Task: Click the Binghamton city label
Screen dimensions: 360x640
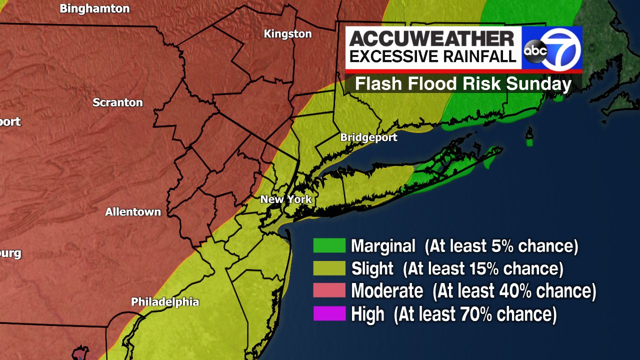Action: point(94,8)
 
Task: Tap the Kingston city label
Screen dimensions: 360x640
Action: point(287,34)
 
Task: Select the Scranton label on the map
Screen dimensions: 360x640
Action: point(117,102)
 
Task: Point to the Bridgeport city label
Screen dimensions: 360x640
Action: point(368,137)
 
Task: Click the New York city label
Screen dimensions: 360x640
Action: point(286,199)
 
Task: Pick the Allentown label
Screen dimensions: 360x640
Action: point(133,212)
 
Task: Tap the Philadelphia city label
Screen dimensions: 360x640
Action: point(165,302)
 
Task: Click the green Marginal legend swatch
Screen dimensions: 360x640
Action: point(329,245)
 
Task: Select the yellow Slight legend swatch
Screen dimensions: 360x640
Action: point(329,268)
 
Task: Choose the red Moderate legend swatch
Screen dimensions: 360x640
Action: point(329,290)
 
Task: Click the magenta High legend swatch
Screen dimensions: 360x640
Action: point(329,314)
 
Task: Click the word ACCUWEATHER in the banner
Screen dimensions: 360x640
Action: point(432,38)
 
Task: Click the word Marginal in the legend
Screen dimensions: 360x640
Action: point(383,246)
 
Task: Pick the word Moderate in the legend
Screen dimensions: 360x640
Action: point(387,291)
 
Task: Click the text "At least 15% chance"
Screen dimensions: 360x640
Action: point(483,269)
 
